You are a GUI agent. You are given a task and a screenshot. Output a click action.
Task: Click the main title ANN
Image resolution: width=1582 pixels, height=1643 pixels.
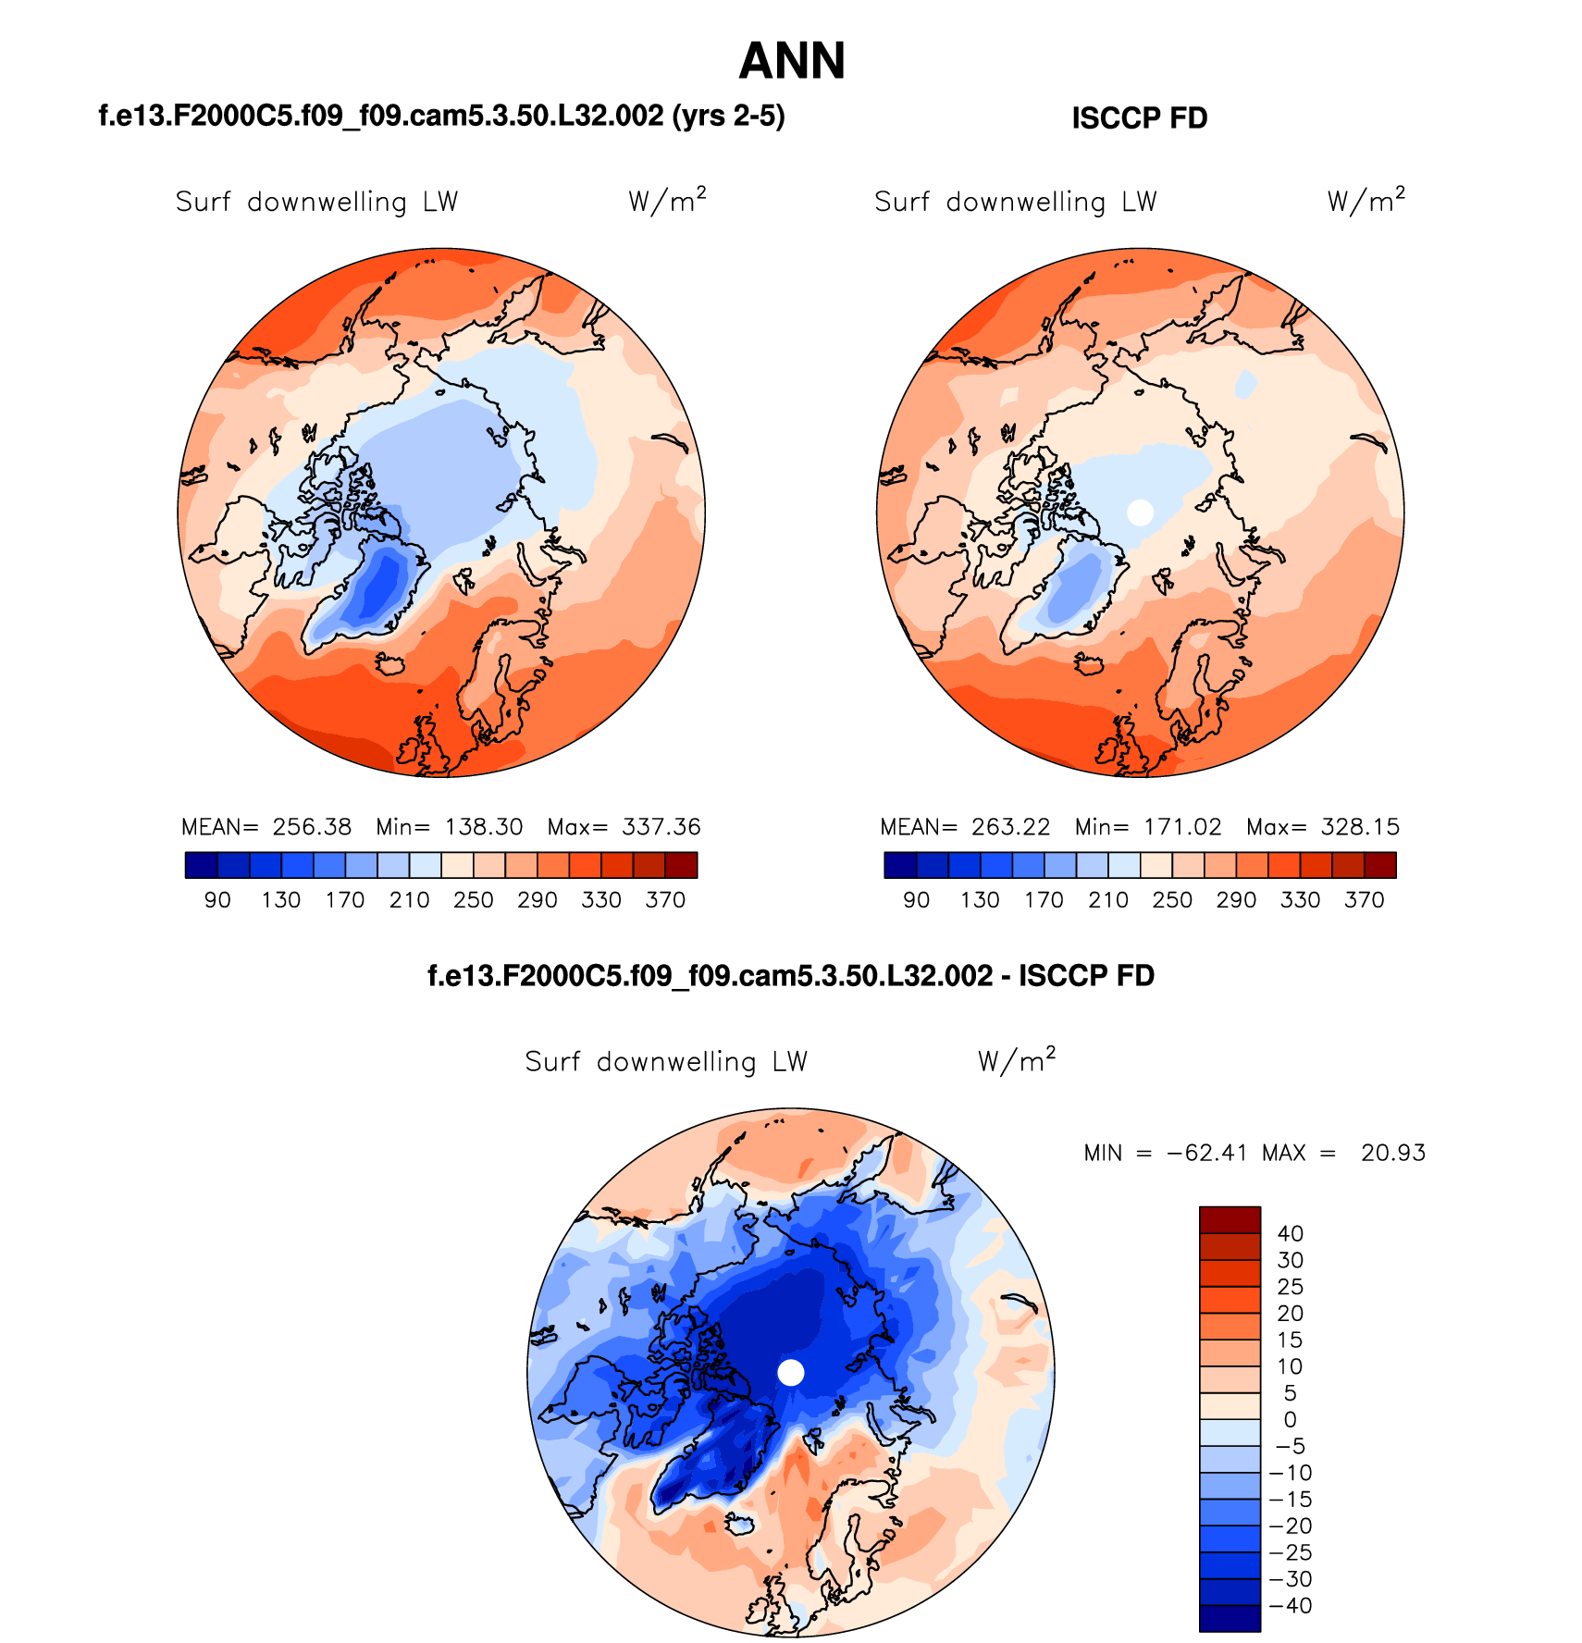(792, 62)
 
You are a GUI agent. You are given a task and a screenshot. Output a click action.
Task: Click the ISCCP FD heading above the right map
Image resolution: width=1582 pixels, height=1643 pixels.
(1139, 118)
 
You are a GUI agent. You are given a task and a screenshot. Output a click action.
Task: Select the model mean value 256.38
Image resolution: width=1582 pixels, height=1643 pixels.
(312, 827)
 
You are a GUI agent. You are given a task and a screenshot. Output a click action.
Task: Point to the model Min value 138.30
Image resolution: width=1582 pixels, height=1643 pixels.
(484, 827)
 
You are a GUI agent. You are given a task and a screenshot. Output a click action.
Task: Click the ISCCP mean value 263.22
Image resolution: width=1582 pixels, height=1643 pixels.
(1010, 827)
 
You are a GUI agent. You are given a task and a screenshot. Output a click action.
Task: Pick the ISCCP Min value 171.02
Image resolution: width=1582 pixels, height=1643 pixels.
(1182, 827)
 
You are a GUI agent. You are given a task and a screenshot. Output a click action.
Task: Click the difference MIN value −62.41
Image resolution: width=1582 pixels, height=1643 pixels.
(1207, 1154)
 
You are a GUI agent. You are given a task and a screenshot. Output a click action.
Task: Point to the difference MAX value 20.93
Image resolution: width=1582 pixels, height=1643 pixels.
(1393, 1154)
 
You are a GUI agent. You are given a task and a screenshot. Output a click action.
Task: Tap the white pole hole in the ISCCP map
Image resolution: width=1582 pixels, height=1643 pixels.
(1141, 512)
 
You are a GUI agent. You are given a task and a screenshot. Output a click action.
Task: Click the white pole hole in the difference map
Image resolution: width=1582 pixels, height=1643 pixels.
(791, 1372)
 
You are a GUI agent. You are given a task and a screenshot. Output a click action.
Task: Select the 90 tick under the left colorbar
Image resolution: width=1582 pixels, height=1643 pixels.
(217, 900)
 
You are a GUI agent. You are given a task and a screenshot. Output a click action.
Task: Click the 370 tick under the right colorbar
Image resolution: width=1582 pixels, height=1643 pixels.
(1365, 900)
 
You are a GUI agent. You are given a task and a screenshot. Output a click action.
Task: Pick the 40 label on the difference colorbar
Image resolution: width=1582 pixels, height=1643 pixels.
(1291, 1234)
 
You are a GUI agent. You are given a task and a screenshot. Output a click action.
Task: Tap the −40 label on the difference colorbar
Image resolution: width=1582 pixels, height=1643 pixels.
(1291, 1606)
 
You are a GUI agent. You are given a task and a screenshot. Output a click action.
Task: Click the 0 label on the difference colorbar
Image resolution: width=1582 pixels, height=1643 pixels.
(1291, 1420)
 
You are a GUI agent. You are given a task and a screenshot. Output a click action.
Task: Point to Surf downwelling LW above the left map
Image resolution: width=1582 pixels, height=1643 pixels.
(316, 203)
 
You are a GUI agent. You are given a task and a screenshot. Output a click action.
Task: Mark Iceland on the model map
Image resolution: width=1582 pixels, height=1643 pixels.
(392, 664)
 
